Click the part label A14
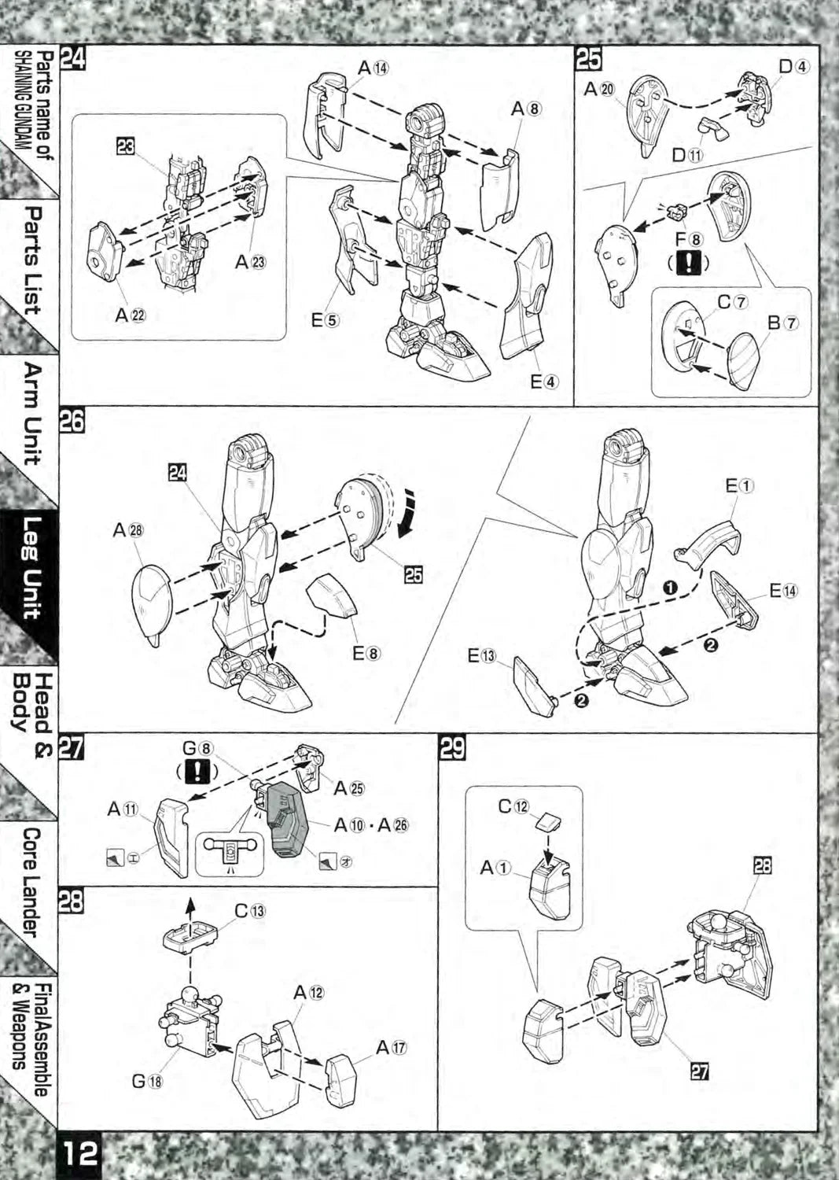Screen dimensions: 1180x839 [373, 68]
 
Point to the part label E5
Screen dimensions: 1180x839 [325, 320]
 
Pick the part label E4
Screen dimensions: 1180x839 [544, 382]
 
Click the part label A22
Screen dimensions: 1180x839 [131, 315]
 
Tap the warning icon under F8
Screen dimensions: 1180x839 [689, 264]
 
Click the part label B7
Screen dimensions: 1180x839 [783, 323]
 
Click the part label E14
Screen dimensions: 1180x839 [783, 590]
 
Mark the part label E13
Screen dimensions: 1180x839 [482, 655]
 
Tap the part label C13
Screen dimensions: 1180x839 [250, 911]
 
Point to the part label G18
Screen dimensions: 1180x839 [147, 1081]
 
